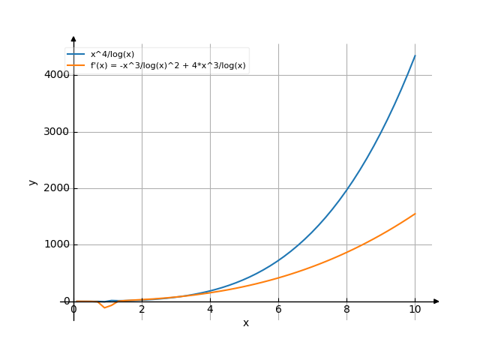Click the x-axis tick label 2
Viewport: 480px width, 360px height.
coord(142,310)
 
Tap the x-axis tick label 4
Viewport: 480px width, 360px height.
coord(210,310)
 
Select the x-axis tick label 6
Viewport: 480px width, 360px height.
coord(278,310)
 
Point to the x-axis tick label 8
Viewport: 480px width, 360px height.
coord(346,310)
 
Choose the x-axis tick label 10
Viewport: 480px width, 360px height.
coord(415,310)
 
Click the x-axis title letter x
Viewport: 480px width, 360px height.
coord(245,322)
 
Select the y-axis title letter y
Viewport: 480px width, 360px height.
coord(32,181)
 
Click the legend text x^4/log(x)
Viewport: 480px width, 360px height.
coord(112,55)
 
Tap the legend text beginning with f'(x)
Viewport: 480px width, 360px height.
coord(168,66)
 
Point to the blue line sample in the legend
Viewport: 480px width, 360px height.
coord(76,55)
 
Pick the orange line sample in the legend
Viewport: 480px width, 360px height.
coord(76,66)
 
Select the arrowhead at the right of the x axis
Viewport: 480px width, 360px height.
coord(436,301)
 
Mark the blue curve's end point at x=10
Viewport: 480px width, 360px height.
coord(415,56)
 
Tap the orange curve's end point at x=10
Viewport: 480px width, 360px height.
coord(415,214)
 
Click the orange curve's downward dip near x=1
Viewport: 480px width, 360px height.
coord(104,307)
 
